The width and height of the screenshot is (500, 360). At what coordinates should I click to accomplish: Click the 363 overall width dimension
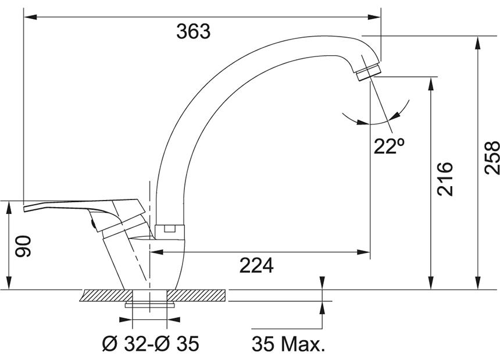[x=193, y=31]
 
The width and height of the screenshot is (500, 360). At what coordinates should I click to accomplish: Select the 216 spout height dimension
[x=445, y=179]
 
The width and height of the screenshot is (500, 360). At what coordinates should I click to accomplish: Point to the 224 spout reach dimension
[x=256, y=265]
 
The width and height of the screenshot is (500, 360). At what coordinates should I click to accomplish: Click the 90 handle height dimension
[x=24, y=246]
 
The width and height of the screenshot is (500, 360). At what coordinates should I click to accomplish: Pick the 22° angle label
[x=389, y=147]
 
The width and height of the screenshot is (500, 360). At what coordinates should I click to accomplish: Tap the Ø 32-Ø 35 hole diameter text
[x=151, y=343]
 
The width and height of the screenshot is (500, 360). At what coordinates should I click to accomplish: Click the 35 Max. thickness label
[x=288, y=344]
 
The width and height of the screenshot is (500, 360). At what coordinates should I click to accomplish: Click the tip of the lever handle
[x=25, y=209]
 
